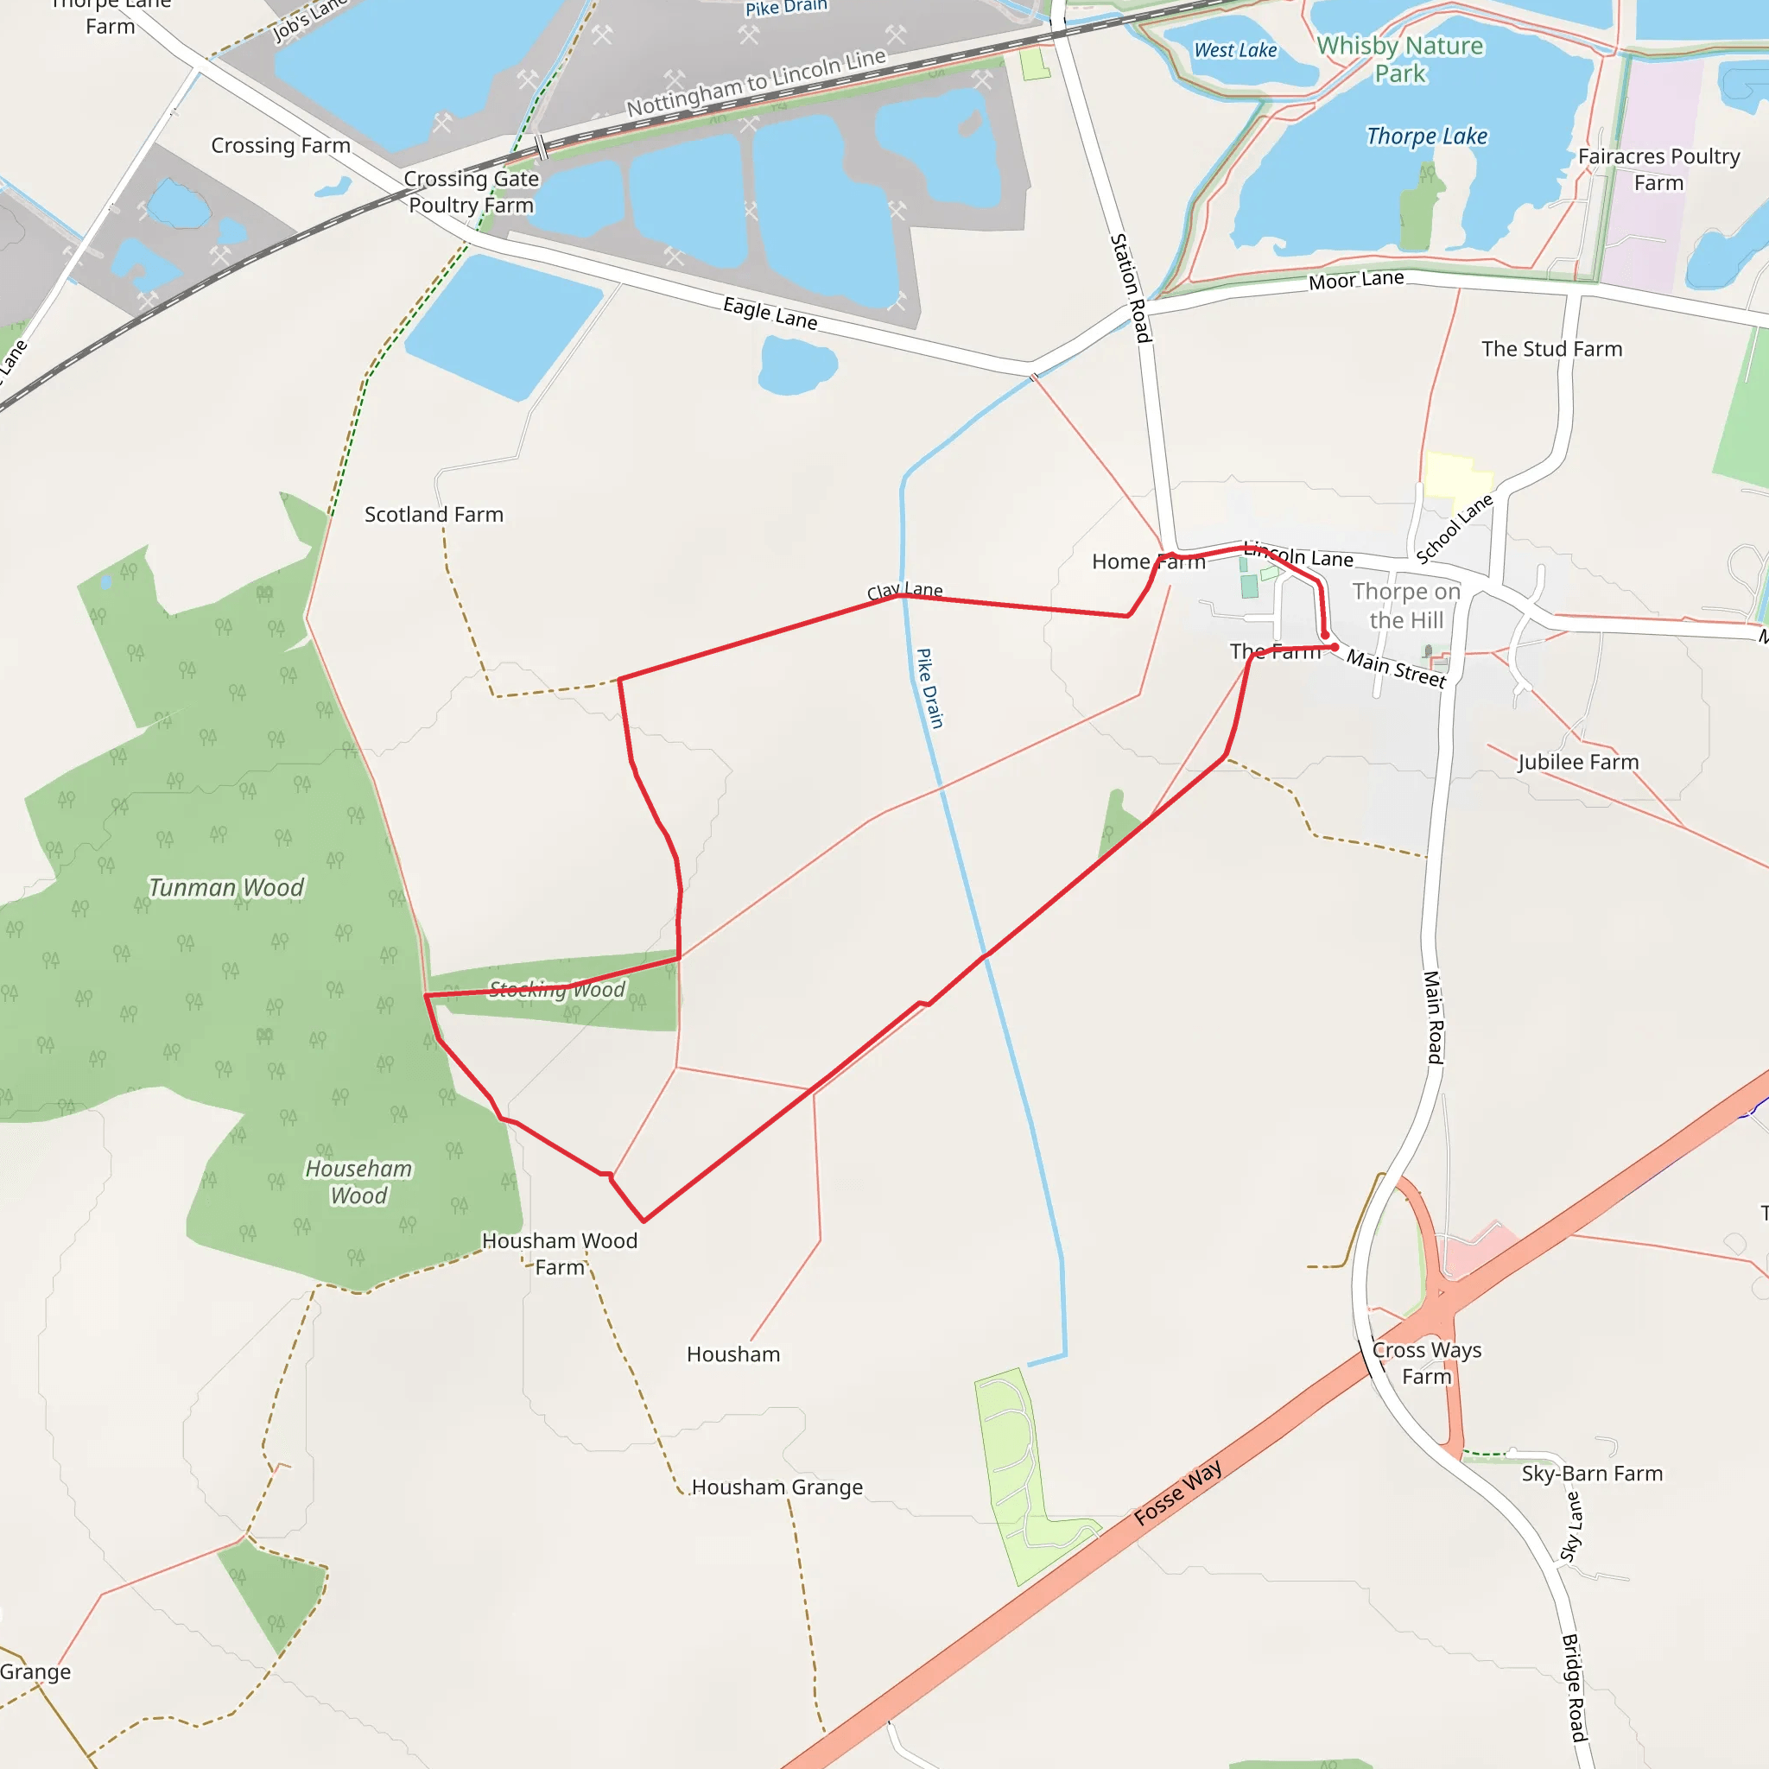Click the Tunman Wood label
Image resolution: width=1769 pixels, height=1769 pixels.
tap(226, 887)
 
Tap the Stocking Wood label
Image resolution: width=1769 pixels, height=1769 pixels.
tap(557, 989)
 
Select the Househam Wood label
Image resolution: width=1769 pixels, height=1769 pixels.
tap(359, 1183)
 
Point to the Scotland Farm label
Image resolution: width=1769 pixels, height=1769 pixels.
tap(434, 515)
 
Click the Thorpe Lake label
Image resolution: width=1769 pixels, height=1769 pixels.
tap(1427, 136)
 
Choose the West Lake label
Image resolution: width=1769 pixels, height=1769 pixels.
tap(1235, 50)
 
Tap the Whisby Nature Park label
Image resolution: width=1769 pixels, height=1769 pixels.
tap(1400, 60)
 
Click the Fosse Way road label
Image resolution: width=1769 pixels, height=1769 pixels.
tap(1177, 1493)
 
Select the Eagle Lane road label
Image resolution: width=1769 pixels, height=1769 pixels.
tap(770, 314)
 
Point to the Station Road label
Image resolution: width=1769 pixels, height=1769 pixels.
tap(1130, 288)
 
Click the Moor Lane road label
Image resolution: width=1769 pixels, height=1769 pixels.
tap(1356, 280)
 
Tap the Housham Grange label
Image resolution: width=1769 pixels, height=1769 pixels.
tap(777, 1487)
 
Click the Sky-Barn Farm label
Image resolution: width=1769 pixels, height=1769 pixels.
tap(1592, 1474)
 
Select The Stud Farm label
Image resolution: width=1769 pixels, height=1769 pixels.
tap(1552, 349)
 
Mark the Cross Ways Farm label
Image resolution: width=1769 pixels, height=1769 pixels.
tap(1427, 1363)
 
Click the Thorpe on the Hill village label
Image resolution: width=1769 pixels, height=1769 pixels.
tap(1406, 606)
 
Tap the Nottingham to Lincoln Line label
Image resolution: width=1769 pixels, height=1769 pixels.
tap(757, 82)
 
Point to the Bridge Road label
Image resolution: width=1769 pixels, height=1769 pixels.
tap(1573, 1688)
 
